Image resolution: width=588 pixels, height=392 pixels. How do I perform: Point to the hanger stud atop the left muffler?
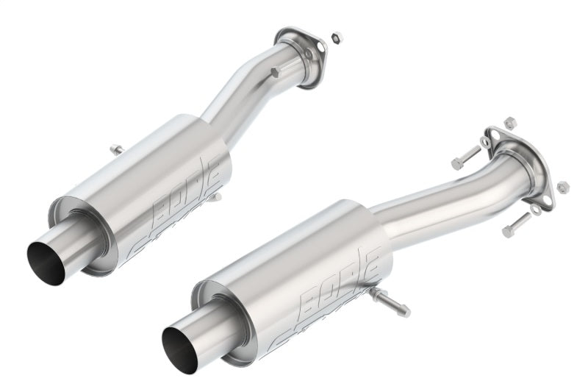116,150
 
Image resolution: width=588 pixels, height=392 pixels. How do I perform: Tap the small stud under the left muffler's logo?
215,197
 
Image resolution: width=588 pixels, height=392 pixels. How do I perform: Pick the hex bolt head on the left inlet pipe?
274,73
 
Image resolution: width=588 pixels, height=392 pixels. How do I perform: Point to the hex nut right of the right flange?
563,186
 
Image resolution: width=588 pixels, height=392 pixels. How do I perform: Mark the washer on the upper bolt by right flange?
485,143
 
